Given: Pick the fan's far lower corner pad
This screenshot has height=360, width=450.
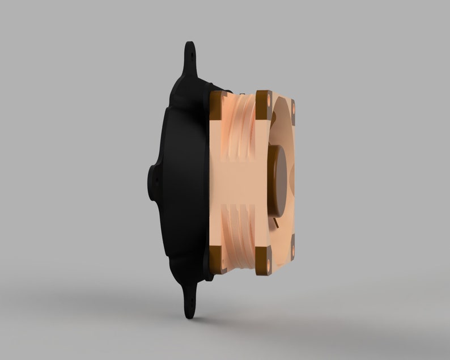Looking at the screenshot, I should pos(294,247).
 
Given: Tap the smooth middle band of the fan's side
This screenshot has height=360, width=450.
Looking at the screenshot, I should pos(238,181).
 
